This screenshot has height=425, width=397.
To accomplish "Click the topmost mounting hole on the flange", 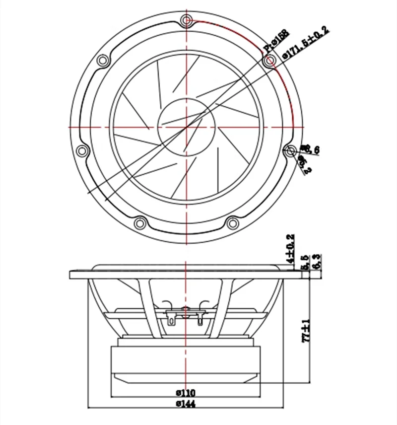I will pos(187,20).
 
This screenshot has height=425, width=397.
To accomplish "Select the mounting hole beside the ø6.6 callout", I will pos(290,149).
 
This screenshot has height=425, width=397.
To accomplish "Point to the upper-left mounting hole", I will pos(103,61).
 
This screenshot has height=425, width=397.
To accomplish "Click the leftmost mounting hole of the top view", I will pos(82,149).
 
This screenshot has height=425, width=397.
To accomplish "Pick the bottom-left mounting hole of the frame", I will pos(140,221).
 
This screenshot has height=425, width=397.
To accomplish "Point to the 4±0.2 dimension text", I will pos(291,248).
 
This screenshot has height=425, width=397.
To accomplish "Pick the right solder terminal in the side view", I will pos(200,317).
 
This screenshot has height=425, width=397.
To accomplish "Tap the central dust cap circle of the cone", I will pos(187,126).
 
